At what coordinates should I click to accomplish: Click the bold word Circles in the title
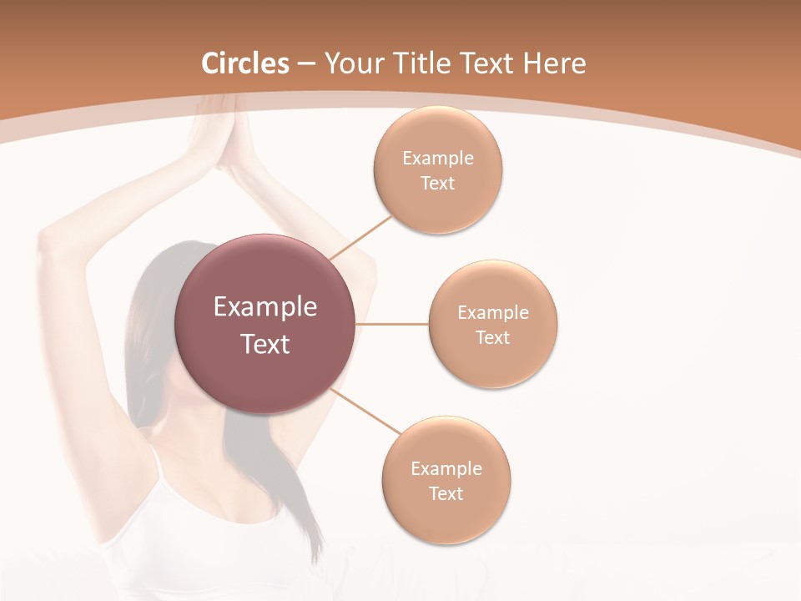point(245,63)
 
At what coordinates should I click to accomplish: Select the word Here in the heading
point(554,63)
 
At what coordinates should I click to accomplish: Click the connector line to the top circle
point(360,237)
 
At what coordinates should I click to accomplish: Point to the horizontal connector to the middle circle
point(391,324)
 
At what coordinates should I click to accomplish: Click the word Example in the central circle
point(265,307)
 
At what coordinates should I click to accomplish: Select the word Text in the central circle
point(265,344)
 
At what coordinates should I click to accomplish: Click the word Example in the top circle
point(438,158)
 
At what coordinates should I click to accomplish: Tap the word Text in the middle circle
point(493,337)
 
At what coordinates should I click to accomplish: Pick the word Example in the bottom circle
point(446,468)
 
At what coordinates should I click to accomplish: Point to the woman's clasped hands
point(224,134)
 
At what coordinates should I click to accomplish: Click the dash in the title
point(306,64)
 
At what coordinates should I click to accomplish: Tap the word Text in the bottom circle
point(446,493)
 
